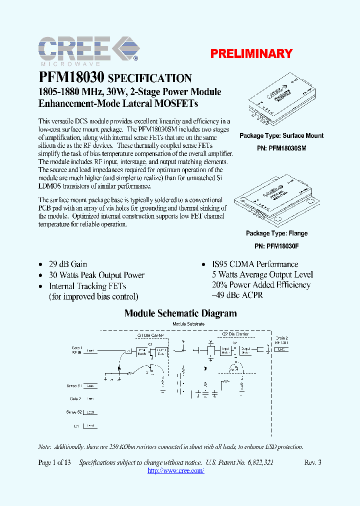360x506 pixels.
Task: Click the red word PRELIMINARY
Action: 251,53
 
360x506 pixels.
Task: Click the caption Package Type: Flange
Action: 276,233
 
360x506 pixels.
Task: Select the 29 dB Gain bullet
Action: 67,264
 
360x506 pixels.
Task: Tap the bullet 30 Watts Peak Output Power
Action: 96,275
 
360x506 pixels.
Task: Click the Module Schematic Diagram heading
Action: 180,313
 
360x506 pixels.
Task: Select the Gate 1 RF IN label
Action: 76,349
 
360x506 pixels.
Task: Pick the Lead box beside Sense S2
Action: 90,412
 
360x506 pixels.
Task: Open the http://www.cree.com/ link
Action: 176,471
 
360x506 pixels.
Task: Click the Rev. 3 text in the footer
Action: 312,462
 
